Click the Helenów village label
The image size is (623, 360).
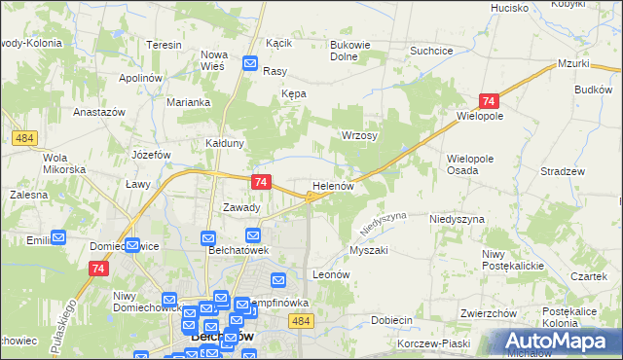point(338,185)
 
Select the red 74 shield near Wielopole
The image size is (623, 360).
point(489,101)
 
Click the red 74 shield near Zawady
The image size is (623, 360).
point(260,182)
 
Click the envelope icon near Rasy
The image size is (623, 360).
point(250,65)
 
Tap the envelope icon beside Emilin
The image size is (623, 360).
point(58,235)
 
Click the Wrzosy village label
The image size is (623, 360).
point(358,136)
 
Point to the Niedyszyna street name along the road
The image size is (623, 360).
point(375,224)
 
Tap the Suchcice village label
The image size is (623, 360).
point(432,50)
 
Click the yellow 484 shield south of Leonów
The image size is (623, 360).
point(302,321)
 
